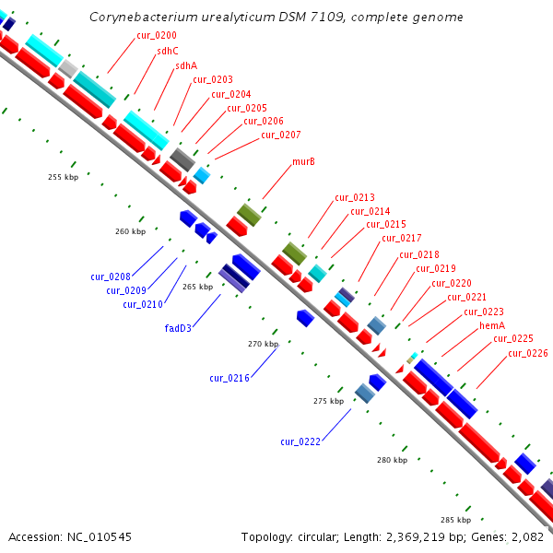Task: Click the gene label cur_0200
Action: (x=157, y=35)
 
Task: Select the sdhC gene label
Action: (x=168, y=51)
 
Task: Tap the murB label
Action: (x=304, y=161)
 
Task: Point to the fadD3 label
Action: (x=178, y=327)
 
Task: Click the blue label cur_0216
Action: (x=229, y=378)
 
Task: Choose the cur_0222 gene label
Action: (x=300, y=441)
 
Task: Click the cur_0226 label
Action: (x=527, y=353)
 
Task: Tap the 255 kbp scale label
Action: (x=63, y=177)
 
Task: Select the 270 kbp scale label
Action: (x=263, y=344)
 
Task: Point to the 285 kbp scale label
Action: (x=455, y=520)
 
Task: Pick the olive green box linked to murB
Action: (x=249, y=215)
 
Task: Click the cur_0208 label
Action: (x=111, y=276)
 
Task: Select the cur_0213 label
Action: (x=355, y=197)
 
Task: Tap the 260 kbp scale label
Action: (x=130, y=231)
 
